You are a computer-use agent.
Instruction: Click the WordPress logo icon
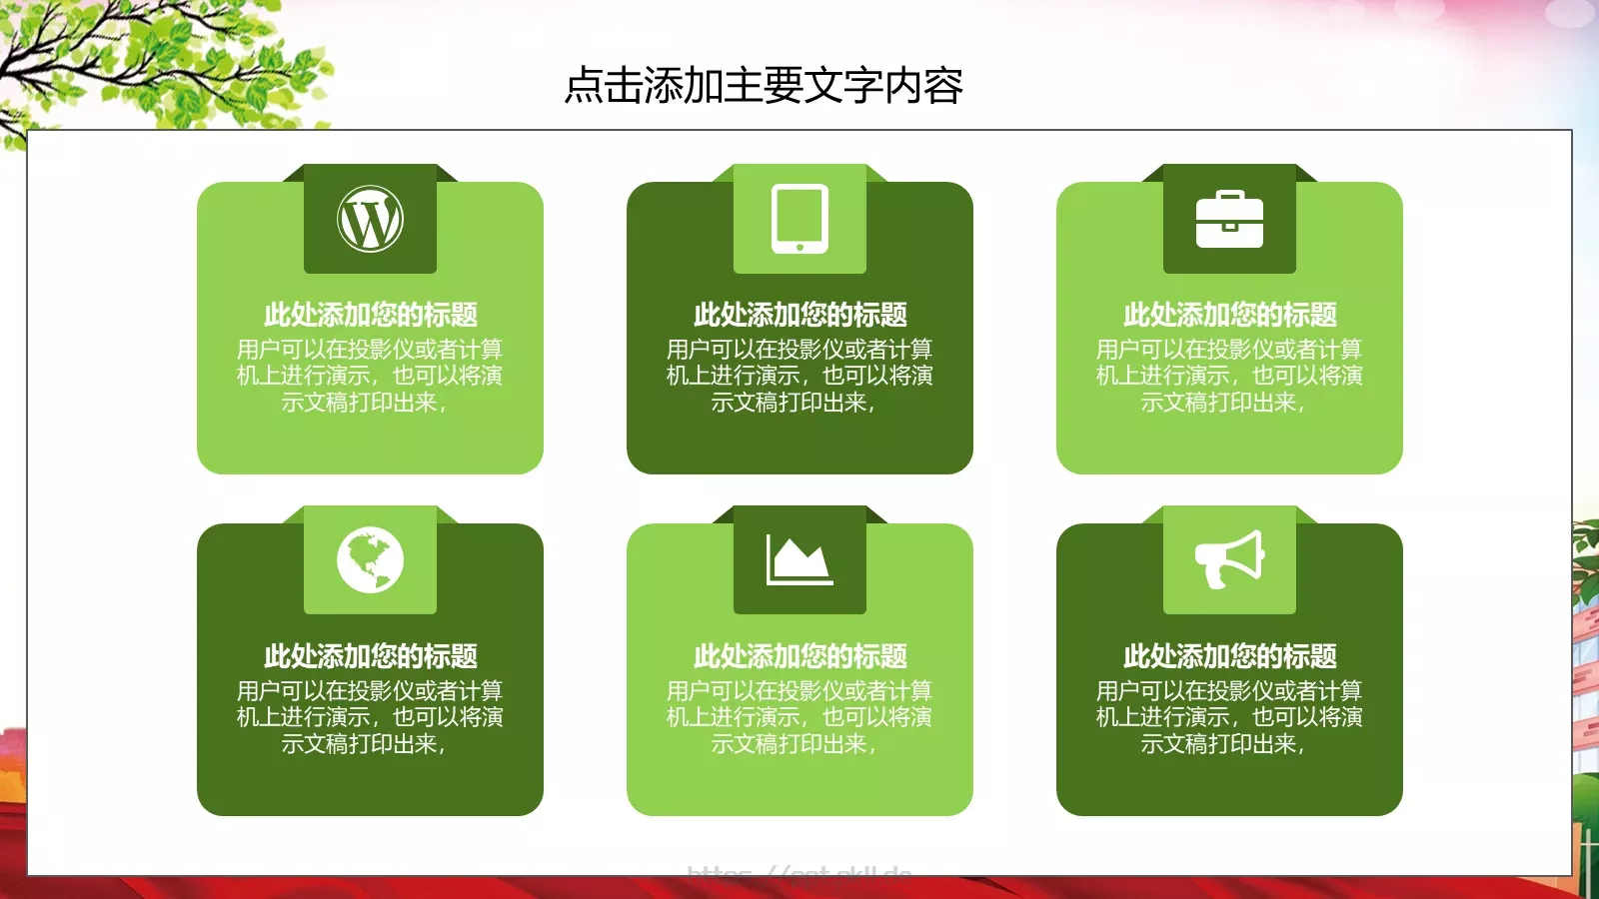tap(370, 219)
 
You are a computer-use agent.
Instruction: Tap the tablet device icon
tap(799, 218)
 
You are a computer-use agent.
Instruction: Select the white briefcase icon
tap(1229, 220)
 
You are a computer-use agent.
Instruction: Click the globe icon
tap(370, 559)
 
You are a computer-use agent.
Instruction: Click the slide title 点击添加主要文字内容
tap(764, 86)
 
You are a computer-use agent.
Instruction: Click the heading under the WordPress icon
tap(370, 315)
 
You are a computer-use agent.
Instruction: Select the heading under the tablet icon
tap(799, 315)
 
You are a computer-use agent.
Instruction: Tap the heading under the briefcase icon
tap(1229, 315)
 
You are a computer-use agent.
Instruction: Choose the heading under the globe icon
tap(370, 656)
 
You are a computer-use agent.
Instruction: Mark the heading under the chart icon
tap(799, 656)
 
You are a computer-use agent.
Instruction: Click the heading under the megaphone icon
tap(1229, 656)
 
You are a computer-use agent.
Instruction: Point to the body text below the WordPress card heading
tap(370, 376)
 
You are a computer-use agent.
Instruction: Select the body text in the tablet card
tap(799, 376)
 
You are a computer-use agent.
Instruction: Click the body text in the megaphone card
tap(1229, 717)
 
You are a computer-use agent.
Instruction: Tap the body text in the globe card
tap(370, 717)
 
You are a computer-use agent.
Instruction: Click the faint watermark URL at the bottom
tap(799, 872)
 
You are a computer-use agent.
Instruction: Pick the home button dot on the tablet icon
tap(799, 247)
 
